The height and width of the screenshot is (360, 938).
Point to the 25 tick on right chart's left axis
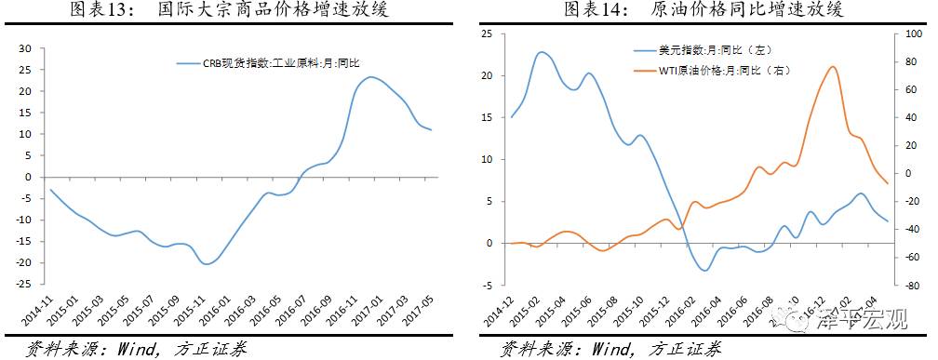pyautogui.click(x=486, y=33)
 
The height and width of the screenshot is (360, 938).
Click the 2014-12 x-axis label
pyautogui.click(x=497, y=312)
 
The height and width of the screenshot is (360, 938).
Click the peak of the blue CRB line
pyautogui.click(x=371, y=77)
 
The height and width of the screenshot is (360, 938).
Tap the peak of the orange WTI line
pyautogui.click(x=832, y=67)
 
